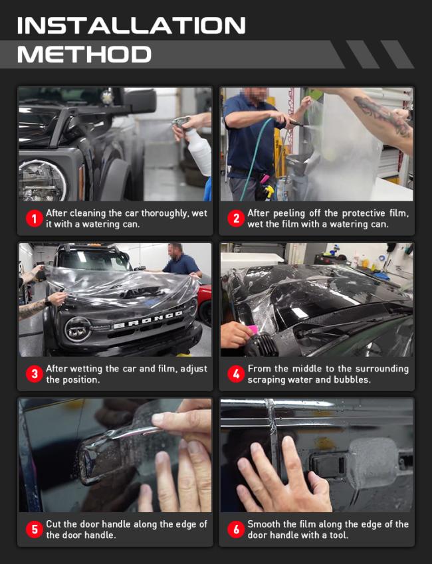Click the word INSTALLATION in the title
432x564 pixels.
click(x=132, y=25)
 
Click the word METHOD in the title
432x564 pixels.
click(x=84, y=54)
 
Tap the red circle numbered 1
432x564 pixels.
click(x=35, y=219)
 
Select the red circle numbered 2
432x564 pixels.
click(x=236, y=219)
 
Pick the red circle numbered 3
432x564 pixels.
click(x=35, y=374)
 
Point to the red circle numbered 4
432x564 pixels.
click(x=236, y=374)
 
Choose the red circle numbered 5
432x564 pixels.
click(x=35, y=529)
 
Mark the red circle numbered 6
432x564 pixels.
click(x=236, y=529)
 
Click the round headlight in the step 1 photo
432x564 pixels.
click(x=43, y=181)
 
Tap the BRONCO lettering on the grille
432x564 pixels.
click(x=148, y=320)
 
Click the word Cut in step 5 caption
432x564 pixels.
click(x=53, y=524)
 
